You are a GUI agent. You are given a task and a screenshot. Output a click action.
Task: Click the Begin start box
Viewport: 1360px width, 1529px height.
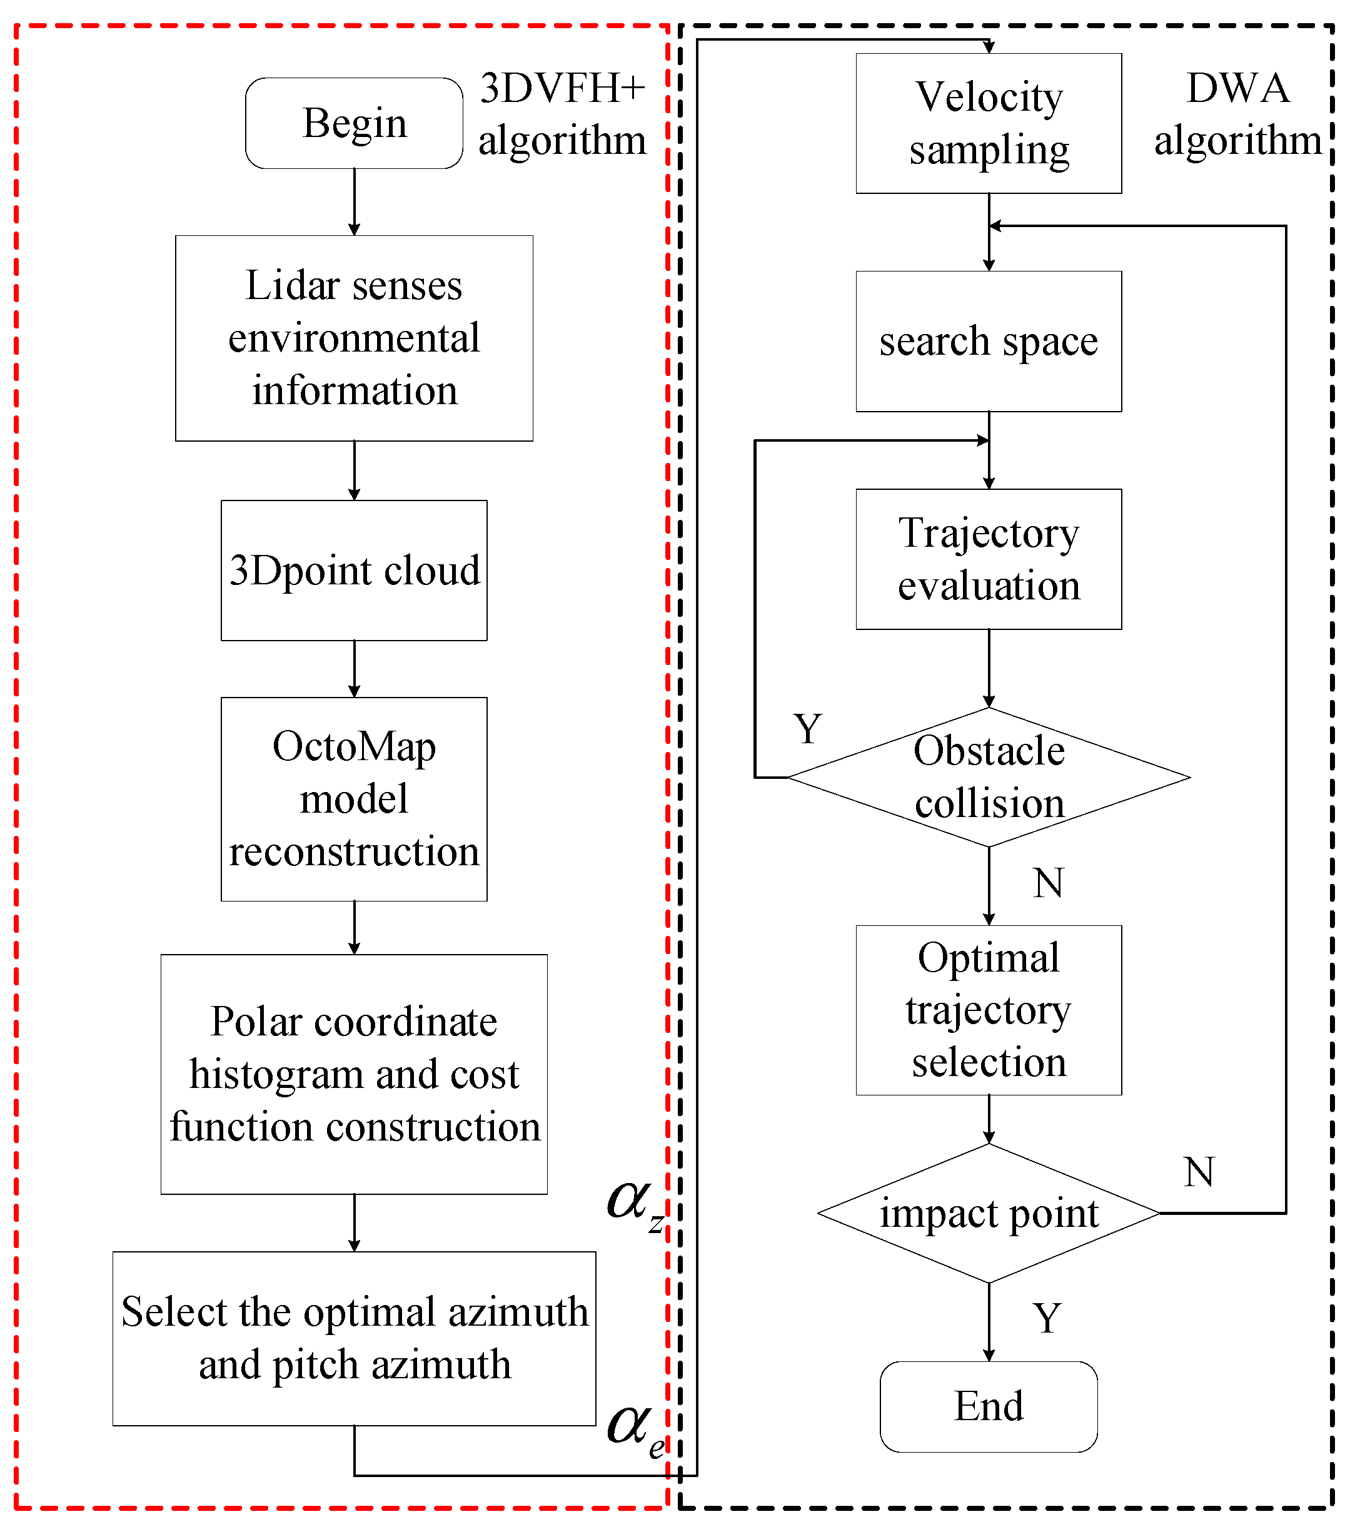tap(354, 123)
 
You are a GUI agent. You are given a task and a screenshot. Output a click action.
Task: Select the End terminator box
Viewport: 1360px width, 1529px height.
tap(989, 1406)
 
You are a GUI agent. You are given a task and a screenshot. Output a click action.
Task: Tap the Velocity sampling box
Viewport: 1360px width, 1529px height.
tap(989, 123)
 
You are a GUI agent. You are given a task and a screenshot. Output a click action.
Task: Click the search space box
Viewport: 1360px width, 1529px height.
tap(989, 341)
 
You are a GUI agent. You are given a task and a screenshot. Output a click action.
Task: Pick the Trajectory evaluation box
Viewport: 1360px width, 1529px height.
tap(989, 559)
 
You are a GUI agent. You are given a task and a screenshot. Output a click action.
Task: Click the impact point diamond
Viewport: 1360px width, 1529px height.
tap(989, 1212)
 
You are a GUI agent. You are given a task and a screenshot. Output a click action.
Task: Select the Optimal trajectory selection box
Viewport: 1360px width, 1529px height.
tap(989, 1010)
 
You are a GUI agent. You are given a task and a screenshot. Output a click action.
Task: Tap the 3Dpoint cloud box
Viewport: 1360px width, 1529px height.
tap(354, 570)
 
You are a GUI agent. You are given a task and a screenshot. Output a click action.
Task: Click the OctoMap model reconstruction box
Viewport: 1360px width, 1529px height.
tap(354, 799)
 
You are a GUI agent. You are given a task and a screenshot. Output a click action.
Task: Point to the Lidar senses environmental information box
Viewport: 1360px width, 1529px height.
tap(354, 338)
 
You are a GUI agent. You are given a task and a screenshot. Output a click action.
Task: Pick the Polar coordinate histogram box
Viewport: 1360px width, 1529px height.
tap(354, 1074)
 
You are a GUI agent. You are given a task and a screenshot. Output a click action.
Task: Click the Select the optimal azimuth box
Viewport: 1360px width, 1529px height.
tap(354, 1338)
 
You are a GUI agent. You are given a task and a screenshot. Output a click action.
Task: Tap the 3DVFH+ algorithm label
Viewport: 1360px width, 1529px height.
tap(562, 114)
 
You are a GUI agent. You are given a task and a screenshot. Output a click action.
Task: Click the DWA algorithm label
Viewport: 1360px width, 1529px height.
tap(1237, 114)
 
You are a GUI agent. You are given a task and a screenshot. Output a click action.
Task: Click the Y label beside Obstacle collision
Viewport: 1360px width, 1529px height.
tap(807, 729)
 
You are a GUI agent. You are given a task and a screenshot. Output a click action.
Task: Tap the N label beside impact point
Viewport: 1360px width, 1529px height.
tap(1199, 1172)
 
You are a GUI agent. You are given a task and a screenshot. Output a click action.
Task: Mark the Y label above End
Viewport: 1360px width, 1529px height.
tap(1047, 1318)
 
